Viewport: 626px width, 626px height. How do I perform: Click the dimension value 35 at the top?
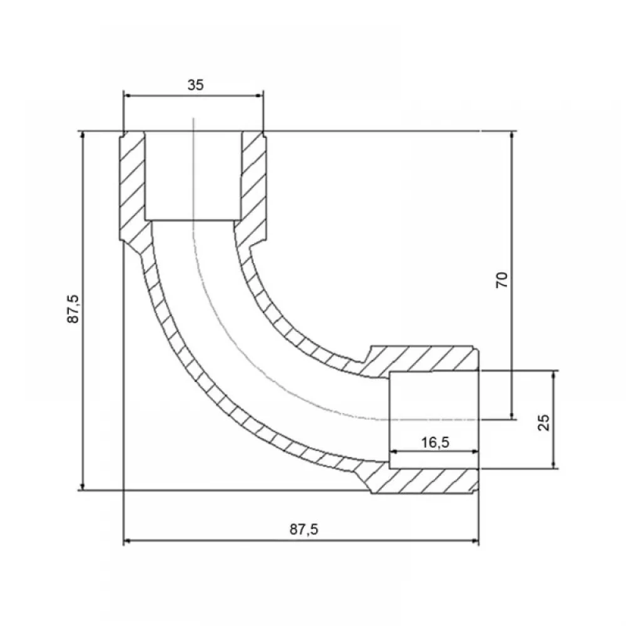tap(195, 85)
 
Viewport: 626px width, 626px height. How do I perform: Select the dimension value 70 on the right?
tap(502, 279)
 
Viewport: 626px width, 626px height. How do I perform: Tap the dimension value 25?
tap(544, 423)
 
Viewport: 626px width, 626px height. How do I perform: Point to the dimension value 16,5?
tap(435, 443)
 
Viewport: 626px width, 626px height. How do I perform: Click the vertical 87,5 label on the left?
tap(73, 309)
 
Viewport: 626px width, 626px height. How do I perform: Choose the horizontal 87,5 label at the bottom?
tap(304, 530)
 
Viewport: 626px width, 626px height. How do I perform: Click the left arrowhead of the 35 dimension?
tap(127, 95)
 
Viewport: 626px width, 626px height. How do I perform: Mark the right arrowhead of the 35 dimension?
tap(260, 95)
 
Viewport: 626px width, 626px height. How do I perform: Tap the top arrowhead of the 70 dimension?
tap(513, 135)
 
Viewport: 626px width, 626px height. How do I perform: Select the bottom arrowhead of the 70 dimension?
tap(513, 416)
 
